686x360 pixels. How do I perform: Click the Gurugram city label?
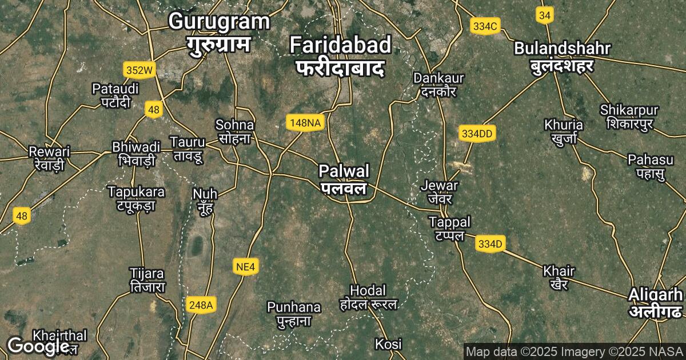220,32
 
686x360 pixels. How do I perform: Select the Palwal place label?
344,179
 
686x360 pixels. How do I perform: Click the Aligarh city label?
655,303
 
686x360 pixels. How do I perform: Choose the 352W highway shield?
140,70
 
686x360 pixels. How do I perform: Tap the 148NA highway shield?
305,122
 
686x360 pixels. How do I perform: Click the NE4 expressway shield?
246,266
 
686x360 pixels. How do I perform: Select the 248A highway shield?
201,306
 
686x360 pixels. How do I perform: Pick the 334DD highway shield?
477,134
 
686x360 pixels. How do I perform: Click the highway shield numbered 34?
544,16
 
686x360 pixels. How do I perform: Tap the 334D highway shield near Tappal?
490,245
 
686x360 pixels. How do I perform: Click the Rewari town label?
49,158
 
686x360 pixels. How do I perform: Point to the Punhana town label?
294,314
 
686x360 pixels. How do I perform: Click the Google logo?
38,345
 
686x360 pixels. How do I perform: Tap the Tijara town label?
147,280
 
